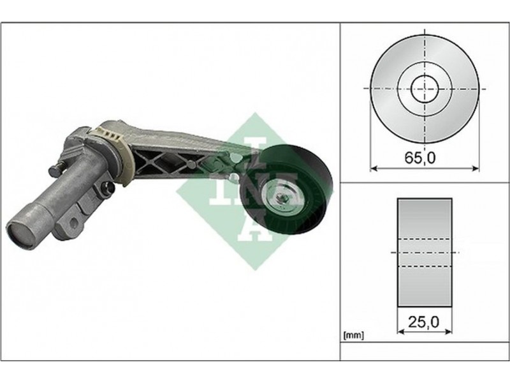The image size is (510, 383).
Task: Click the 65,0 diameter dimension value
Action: [x=420, y=158]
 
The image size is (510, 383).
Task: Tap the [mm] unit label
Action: [x=354, y=335]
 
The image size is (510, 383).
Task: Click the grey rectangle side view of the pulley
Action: [x=425, y=252]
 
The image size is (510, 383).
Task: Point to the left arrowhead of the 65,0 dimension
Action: [x=374, y=169]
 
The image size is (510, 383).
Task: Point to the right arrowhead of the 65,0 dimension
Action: [x=476, y=169]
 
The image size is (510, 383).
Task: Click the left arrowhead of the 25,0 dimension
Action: [x=401, y=331]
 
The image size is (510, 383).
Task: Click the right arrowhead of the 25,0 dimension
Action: [x=449, y=331]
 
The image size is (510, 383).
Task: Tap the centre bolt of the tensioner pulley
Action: [x=281, y=198]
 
